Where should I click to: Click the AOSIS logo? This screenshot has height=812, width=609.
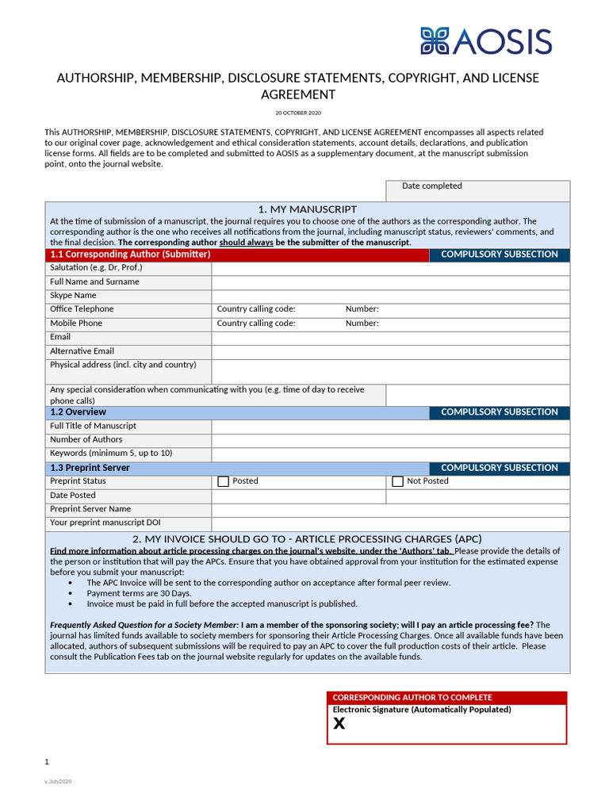[x=485, y=40]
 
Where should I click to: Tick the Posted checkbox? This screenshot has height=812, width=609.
[x=223, y=481]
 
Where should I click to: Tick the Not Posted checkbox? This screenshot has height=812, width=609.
[x=398, y=481]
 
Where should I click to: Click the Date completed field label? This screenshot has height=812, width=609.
[x=431, y=186]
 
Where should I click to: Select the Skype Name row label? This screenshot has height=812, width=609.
[x=73, y=296]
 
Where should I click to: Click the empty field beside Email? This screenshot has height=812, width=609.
[x=390, y=338]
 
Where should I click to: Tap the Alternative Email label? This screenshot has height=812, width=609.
[x=82, y=351]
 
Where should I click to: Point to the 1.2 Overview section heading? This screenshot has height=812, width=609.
[x=78, y=412]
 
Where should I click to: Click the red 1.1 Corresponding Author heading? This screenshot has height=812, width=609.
[x=130, y=255]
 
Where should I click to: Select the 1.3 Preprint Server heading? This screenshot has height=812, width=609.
[x=90, y=468]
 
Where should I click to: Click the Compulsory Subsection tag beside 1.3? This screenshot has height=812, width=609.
[x=499, y=468]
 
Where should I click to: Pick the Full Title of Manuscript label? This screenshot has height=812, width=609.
[x=93, y=426]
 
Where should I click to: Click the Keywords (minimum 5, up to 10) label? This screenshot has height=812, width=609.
[x=111, y=454]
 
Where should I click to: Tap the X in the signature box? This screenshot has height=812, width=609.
[x=339, y=723]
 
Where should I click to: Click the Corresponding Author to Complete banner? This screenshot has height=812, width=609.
[x=446, y=697]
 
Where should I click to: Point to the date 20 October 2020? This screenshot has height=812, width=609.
[x=298, y=113]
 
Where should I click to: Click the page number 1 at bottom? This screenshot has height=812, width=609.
[x=47, y=762]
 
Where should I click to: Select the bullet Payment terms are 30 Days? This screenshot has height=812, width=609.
[x=139, y=593]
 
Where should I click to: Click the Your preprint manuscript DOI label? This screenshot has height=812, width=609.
[x=105, y=523]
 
